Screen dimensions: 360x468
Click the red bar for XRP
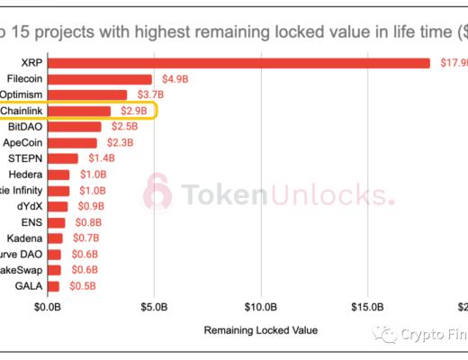click(x=238, y=63)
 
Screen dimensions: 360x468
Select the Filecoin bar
click(x=100, y=79)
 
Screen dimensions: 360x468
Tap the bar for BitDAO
click(x=75, y=127)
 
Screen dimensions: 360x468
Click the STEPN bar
click(x=63, y=158)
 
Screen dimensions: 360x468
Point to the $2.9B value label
click(x=129, y=111)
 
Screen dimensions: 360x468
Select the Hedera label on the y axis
click(x=22, y=175)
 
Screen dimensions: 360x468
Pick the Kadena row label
click(x=23, y=238)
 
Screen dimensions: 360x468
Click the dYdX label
click(x=29, y=206)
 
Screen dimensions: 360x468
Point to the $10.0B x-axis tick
click(x=261, y=309)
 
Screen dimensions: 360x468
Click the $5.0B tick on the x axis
click(x=154, y=309)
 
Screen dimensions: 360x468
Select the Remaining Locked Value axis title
click(x=261, y=329)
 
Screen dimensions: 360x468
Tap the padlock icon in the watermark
click(x=157, y=193)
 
